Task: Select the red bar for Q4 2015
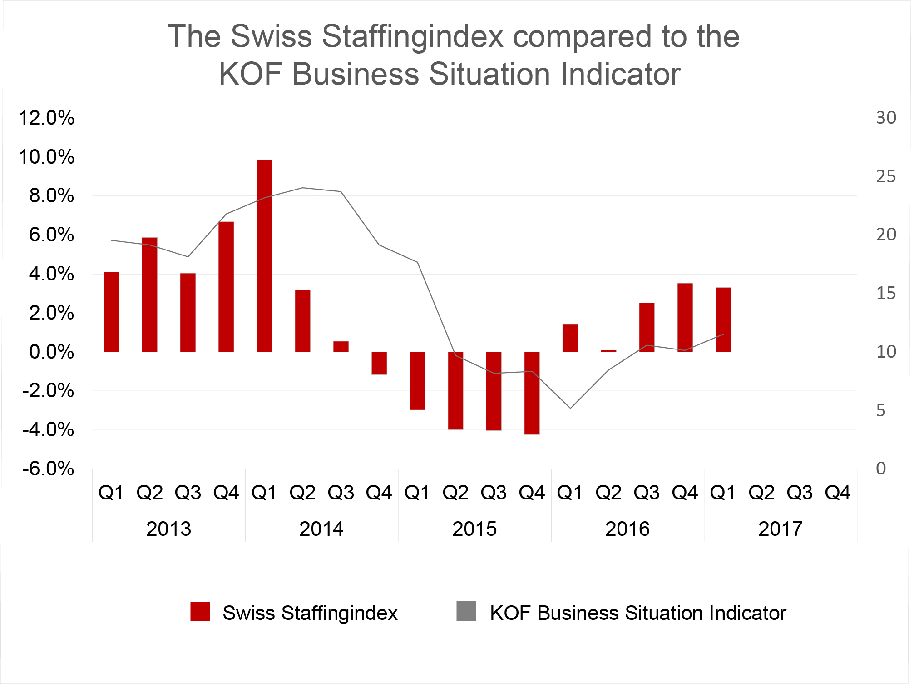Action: tap(532, 393)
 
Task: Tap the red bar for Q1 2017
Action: tap(723, 320)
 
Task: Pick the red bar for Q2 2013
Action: tap(149, 295)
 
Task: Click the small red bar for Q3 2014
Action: tap(341, 346)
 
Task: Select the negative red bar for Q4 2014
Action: tap(379, 363)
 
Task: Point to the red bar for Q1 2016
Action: tap(570, 338)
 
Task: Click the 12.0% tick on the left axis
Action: tap(46, 118)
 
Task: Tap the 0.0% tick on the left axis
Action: tap(51, 352)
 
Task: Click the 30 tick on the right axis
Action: tap(886, 118)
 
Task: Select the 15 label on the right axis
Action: tap(886, 293)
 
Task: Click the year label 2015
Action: tap(474, 529)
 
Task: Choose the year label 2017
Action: tap(781, 529)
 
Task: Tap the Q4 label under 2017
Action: tap(838, 493)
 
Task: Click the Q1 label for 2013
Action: tap(111, 493)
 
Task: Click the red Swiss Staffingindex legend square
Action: tap(200, 612)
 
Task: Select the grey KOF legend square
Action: tap(466, 611)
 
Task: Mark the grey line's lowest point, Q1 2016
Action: tap(570, 408)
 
